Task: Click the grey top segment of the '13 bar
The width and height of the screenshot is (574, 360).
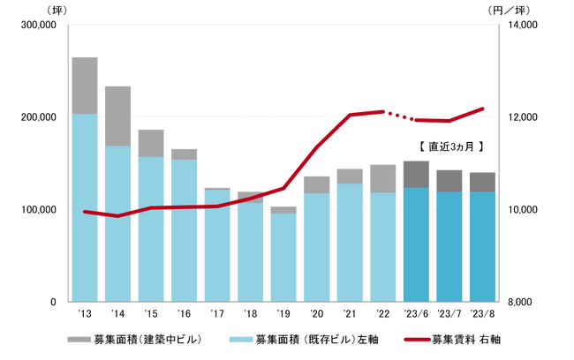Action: tap(85, 86)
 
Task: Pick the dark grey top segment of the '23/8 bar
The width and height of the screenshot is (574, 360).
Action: tap(482, 183)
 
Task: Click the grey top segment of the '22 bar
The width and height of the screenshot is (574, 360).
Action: tap(383, 178)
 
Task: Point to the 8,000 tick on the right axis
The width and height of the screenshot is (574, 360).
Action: tap(522, 302)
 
